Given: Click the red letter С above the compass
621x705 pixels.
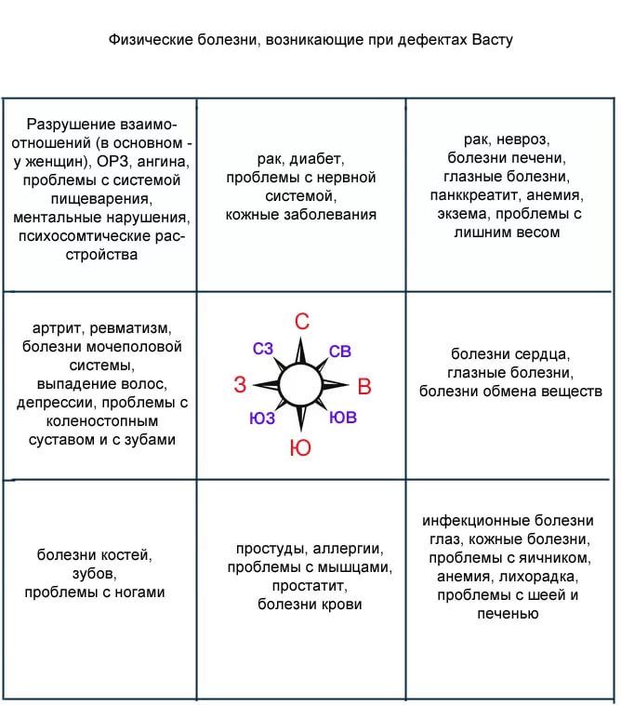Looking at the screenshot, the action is tap(302, 322).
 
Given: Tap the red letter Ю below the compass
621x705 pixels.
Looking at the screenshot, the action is tap(300, 447).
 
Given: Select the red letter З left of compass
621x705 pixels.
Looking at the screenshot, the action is tap(240, 385).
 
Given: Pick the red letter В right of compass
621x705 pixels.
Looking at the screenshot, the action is tap(364, 386).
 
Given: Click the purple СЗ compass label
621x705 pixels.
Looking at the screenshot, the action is tap(263, 349).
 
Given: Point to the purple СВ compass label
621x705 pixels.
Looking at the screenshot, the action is tap(339, 352).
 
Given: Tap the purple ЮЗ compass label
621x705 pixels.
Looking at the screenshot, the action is tap(262, 419).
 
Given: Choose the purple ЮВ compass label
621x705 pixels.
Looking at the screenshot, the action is tap(343, 418).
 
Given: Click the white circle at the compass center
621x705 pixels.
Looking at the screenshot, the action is tap(300, 385).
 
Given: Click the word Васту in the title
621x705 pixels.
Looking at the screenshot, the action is tap(492, 40).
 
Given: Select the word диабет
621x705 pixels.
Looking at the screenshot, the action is tap(317, 159).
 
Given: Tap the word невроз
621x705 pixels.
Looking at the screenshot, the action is tap(523, 140).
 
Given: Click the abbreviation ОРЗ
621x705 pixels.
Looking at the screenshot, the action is tap(112, 162).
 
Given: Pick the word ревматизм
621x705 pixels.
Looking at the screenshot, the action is tap(131, 328).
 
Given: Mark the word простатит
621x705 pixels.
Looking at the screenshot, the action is tap(310, 586).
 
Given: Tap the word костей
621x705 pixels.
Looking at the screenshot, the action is tap(124, 555).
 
